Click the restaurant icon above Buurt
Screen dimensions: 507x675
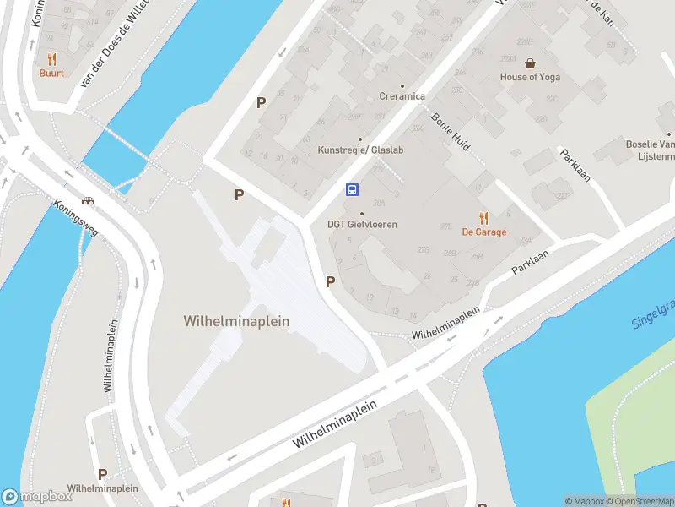(51, 59)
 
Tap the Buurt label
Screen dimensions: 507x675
(51, 74)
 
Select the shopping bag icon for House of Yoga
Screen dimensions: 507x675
(530, 63)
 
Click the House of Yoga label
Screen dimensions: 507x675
(530, 77)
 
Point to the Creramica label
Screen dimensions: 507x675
(402, 96)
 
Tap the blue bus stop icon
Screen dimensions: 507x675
(353, 190)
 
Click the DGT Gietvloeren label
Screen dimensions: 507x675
(362, 225)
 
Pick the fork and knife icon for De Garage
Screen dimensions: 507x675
(483, 217)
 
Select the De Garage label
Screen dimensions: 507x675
(483, 232)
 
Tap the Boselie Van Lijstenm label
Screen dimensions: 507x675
(650, 150)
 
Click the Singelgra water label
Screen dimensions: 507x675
(653, 313)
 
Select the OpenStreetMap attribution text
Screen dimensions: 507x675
(640, 502)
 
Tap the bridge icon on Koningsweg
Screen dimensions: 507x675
(87, 201)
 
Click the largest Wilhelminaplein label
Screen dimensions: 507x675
(236, 321)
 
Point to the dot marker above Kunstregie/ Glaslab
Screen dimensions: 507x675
(360, 139)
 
